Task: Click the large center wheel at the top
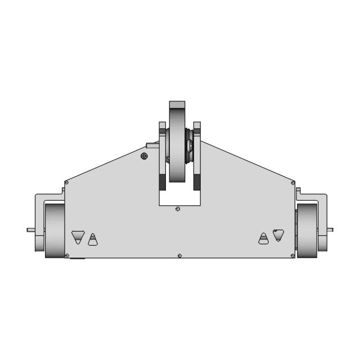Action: click(x=177, y=149)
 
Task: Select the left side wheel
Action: click(x=55, y=231)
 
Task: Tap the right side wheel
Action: click(x=306, y=231)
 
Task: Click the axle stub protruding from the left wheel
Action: click(x=30, y=229)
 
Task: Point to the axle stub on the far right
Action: click(x=330, y=229)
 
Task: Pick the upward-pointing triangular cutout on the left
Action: click(x=93, y=240)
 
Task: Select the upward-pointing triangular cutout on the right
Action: click(x=263, y=239)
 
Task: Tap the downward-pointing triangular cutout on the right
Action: click(x=278, y=235)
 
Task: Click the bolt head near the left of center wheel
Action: click(x=145, y=156)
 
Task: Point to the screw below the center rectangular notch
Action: click(x=178, y=209)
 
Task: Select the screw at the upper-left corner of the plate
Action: click(x=66, y=182)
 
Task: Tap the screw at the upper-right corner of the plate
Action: click(x=292, y=182)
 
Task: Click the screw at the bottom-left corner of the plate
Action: click(x=67, y=256)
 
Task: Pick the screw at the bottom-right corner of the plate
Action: click(x=292, y=256)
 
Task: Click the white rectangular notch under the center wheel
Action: click(x=178, y=197)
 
